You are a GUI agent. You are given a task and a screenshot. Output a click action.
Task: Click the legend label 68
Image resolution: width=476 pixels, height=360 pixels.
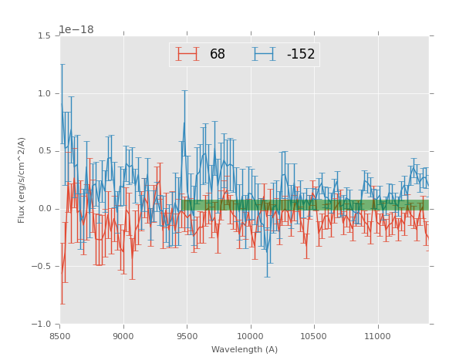pyautogui.click(x=218, y=55)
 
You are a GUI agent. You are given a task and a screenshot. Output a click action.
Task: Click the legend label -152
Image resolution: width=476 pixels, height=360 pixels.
pyautogui.click(x=301, y=55)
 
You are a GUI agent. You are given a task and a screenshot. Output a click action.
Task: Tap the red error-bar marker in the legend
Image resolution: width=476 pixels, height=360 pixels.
pyautogui.click(x=187, y=54)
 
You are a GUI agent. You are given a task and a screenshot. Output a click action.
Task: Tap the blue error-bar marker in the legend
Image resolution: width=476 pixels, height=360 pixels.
pyautogui.click(x=265, y=54)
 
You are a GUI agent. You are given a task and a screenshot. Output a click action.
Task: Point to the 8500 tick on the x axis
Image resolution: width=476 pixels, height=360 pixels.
pyautogui.click(x=59, y=336)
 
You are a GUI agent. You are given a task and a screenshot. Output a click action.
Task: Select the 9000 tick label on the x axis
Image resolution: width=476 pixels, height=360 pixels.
pyautogui.click(x=123, y=336)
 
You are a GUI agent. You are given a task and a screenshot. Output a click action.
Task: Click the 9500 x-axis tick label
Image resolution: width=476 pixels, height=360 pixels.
pyautogui.click(x=187, y=336)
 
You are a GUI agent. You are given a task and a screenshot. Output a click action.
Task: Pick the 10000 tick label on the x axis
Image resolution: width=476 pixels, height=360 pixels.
pyautogui.click(x=251, y=336)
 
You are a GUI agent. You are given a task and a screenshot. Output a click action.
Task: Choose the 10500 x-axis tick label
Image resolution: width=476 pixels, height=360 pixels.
pyautogui.click(x=314, y=336)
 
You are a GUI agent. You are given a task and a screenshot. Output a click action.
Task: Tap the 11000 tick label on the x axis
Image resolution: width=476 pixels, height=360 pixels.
pyautogui.click(x=378, y=336)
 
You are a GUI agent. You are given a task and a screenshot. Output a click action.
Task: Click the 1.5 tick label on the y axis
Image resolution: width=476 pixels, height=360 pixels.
pyautogui.click(x=44, y=35)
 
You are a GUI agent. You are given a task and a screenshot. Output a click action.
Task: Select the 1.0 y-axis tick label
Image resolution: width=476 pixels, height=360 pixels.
pyautogui.click(x=44, y=93)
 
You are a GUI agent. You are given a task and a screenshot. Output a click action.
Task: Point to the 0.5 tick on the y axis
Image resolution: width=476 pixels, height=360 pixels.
pyautogui.click(x=44, y=151)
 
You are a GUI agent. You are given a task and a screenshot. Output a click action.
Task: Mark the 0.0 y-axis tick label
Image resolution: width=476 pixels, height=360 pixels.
pyautogui.click(x=44, y=209)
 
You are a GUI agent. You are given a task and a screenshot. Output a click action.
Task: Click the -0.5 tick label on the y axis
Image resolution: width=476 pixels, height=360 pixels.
pyautogui.click(x=42, y=267)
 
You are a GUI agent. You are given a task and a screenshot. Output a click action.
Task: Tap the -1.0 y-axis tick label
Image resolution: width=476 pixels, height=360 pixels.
pyautogui.click(x=42, y=325)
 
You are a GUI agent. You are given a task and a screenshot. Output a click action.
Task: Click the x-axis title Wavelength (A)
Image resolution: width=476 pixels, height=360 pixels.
pyautogui.click(x=245, y=350)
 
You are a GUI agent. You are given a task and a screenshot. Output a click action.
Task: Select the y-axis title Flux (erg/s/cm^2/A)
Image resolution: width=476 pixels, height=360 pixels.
pyautogui.click(x=22, y=180)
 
